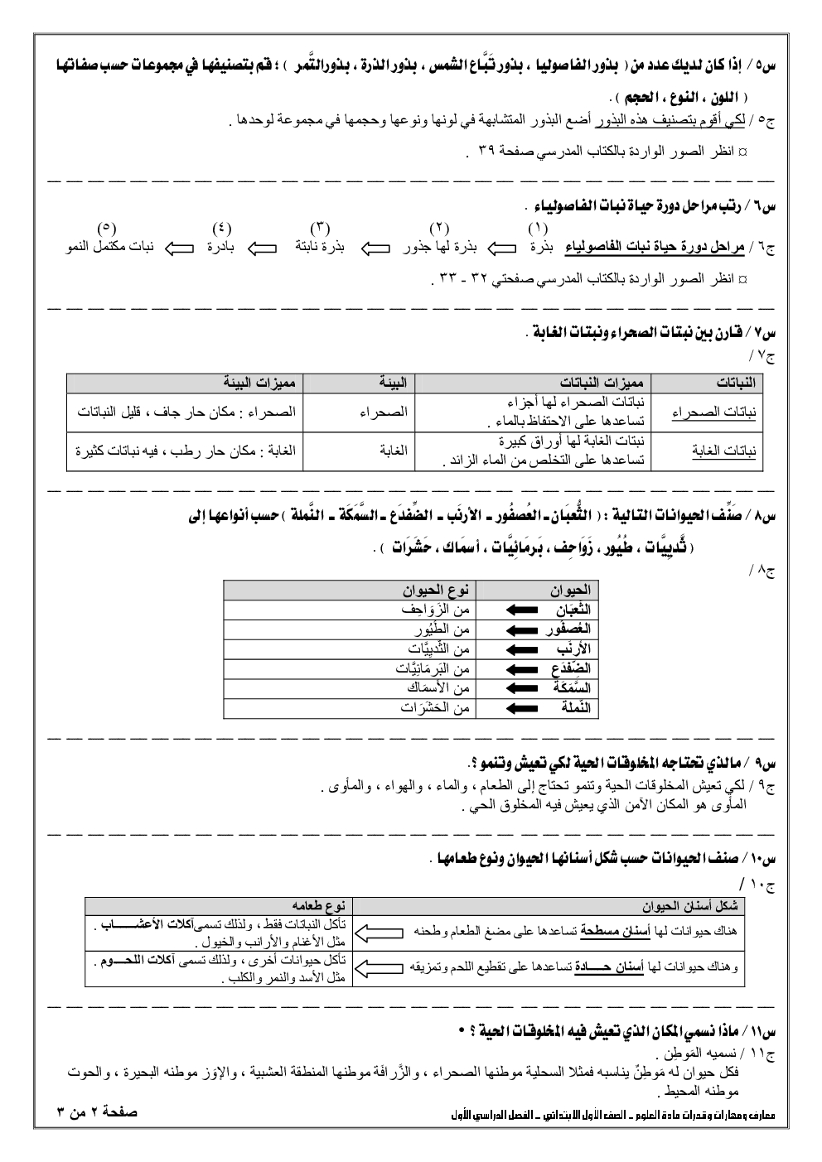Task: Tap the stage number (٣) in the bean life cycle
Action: [x=320, y=228]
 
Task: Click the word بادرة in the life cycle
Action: [x=220, y=248]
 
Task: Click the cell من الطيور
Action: [x=439, y=629]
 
